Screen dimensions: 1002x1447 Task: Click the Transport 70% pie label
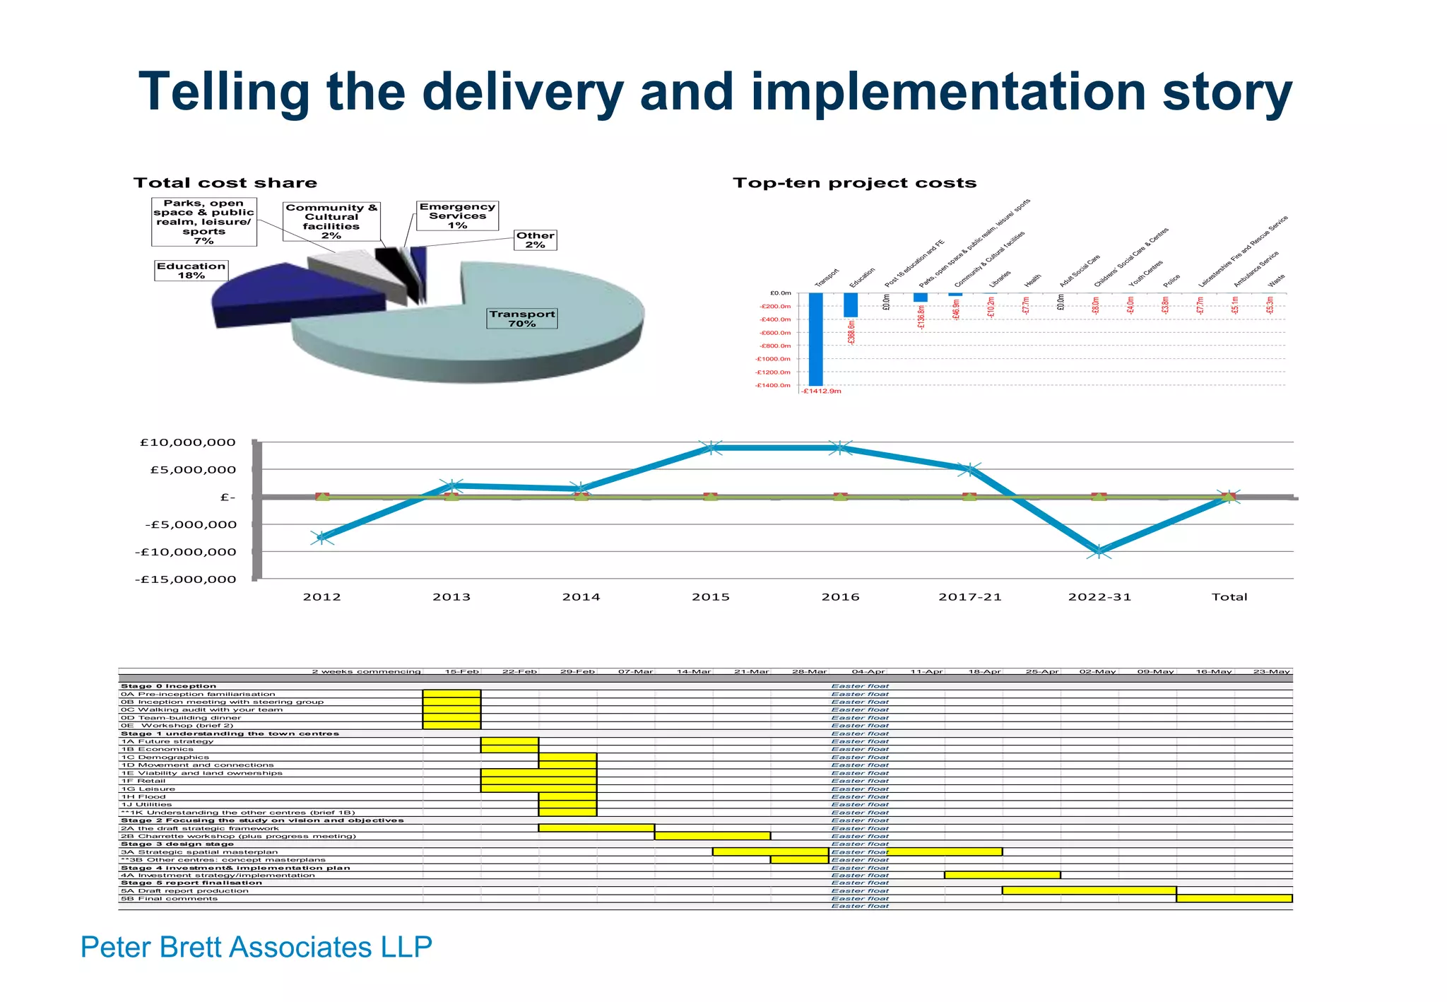click(522, 319)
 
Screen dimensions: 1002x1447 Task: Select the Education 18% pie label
click(191, 271)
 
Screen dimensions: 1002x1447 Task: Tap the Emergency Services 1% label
click(457, 216)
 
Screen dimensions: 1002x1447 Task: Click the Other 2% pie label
click(535, 240)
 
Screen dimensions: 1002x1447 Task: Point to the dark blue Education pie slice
click(297, 297)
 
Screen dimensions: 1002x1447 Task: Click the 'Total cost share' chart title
click(225, 183)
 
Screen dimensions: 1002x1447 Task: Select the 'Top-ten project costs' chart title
click(854, 183)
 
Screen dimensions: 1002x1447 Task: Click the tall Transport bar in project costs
click(815, 339)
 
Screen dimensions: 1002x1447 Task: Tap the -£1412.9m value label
click(822, 391)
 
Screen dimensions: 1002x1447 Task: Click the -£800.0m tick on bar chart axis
click(774, 346)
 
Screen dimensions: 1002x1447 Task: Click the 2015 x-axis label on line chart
click(710, 597)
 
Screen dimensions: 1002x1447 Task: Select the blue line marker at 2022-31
click(1099, 552)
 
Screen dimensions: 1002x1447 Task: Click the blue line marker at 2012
click(322, 538)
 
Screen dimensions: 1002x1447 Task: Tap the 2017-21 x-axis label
click(969, 597)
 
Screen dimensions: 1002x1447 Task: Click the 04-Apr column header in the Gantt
click(868, 671)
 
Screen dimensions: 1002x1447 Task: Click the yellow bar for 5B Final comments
click(1234, 898)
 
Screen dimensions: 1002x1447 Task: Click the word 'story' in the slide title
click(1227, 92)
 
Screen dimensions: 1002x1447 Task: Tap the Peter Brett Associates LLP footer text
click(256, 947)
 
